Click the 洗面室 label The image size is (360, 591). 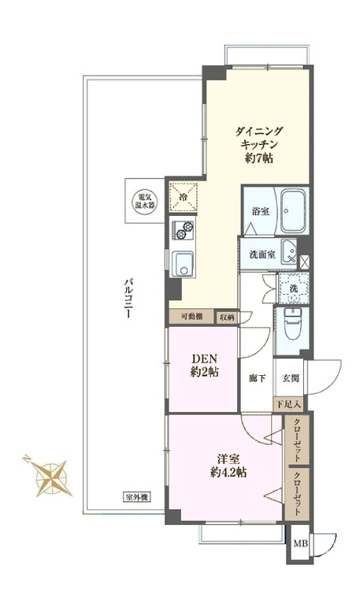pos(260,255)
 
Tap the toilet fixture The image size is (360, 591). pos(292,324)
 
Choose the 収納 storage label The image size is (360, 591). pos(226,317)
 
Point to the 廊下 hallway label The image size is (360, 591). pos(256,378)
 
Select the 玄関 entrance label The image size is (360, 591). pos(290,378)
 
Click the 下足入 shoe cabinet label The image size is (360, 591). pos(289,404)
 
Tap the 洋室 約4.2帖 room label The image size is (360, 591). pos(224,465)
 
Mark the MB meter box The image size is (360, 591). pos(300,545)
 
